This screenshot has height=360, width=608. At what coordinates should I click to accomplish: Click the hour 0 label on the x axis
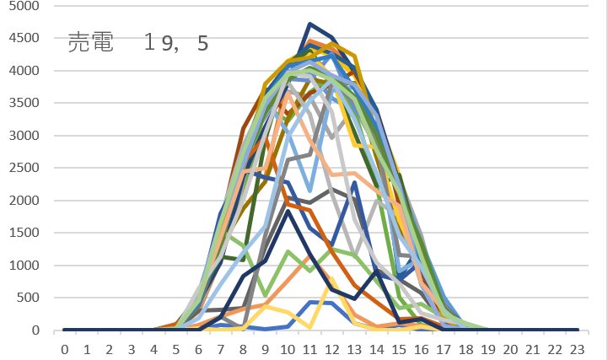(x=64, y=347)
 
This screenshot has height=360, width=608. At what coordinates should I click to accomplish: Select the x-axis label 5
(x=175, y=347)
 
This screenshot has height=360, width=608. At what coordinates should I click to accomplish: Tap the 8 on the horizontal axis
(x=243, y=347)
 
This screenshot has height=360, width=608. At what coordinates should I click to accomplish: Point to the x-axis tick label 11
(x=309, y=347)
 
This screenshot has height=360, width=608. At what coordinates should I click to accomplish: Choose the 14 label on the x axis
(x=376, y=347)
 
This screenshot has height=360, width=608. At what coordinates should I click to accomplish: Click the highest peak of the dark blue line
(x=310, y=24)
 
